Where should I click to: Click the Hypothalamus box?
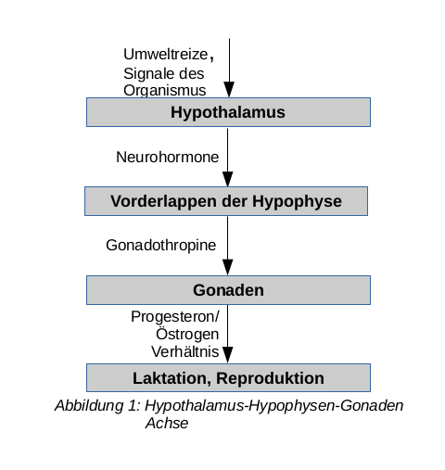228,112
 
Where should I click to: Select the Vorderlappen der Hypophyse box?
226,201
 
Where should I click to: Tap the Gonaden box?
228,290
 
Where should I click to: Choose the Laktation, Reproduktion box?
228,378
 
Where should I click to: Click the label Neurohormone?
168,157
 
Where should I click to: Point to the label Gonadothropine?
161,246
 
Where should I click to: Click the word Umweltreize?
166,55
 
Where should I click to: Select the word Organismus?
165,91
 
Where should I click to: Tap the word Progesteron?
173,317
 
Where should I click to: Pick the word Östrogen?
187,334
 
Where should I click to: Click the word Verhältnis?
185,351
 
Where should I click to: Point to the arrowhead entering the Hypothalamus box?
229,90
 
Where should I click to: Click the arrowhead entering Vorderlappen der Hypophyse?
228,179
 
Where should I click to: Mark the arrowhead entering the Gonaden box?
228,268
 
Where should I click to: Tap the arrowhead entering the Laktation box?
228,355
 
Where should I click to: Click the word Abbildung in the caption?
89,406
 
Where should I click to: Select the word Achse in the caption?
167,424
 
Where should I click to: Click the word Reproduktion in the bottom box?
270,378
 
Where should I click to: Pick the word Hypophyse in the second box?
297,202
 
